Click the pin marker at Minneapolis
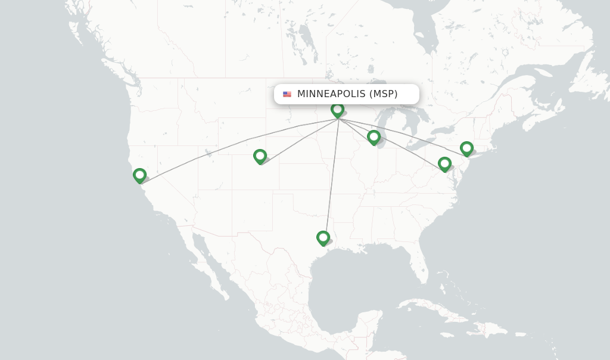click(338, 110)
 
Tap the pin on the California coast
click(140, 175)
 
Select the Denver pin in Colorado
click(260, 156)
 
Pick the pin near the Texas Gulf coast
click(323, 238)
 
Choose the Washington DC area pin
click(444, 164)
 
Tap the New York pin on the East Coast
click(466, 148)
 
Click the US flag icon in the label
click(287, 94)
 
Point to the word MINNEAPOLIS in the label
click(331, 94)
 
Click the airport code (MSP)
click(383, 94)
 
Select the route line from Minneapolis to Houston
click(332, 179)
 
